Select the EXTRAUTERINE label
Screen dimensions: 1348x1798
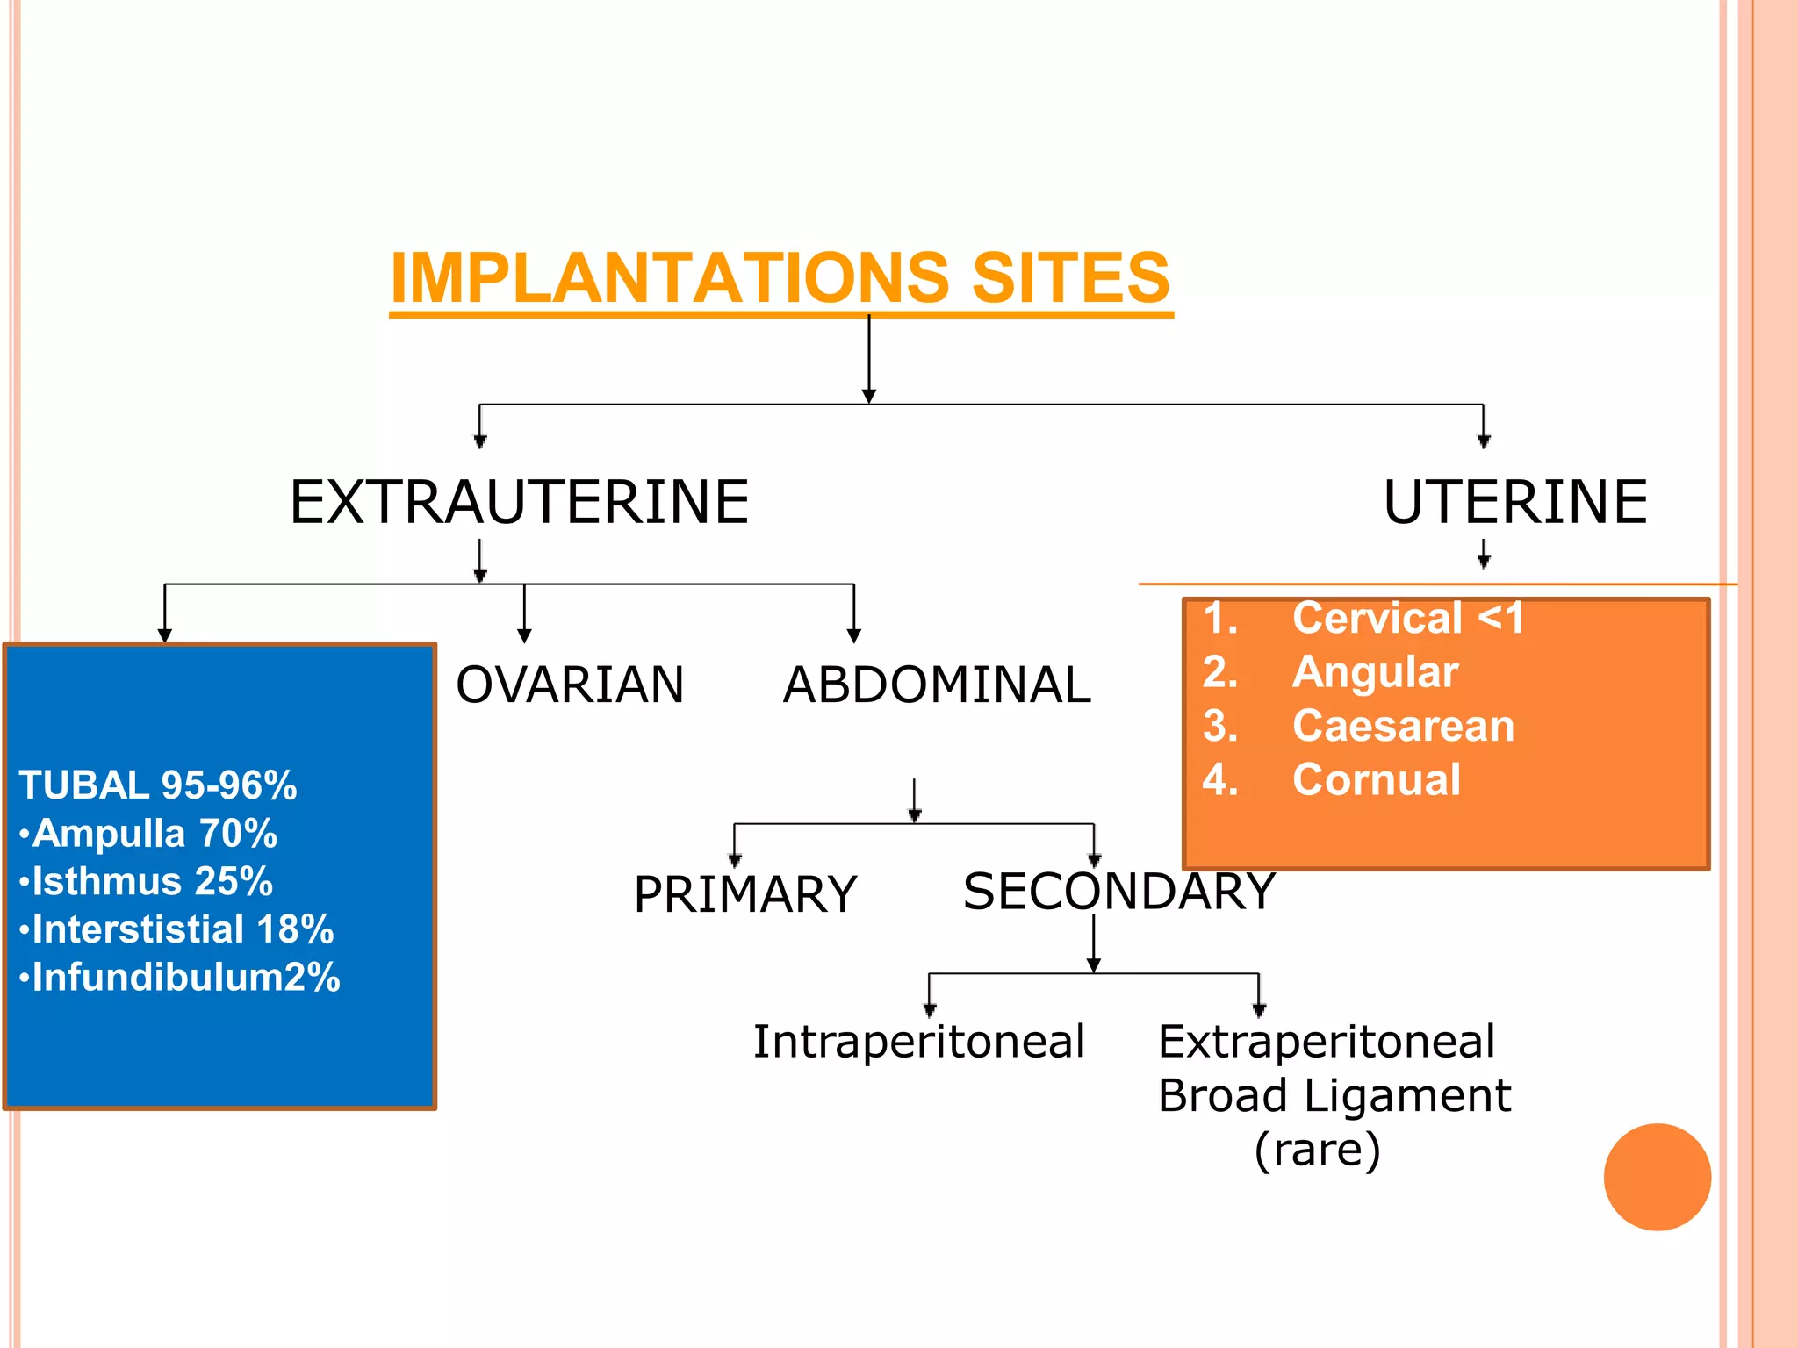[519, 502]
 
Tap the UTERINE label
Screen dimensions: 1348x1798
[1515, 502]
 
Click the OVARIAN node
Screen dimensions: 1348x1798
[570, 685]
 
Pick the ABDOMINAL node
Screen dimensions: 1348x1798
[937, 685]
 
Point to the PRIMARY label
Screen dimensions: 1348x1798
[744, 894]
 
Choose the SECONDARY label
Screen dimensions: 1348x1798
[1118, 891]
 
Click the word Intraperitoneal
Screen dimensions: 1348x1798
[919, 1042]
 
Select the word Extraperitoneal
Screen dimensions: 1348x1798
[1326, 1042]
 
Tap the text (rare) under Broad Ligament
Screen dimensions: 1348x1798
[1317, 1149]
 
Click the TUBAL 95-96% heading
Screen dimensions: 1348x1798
[158, 785]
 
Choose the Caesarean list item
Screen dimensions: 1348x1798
[1403, 726]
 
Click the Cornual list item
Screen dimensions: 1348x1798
[1376, 779]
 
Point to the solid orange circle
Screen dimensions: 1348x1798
[1657, 1177]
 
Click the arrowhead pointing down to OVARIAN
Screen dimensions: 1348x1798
[524, 635]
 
